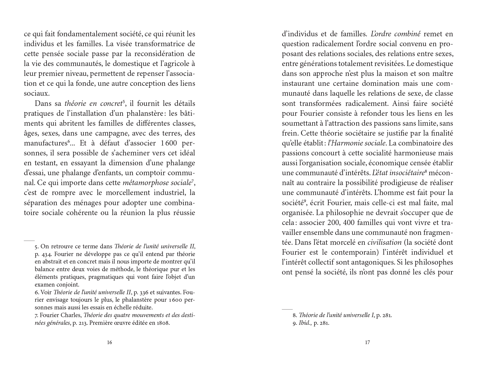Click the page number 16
(x=109, y=342)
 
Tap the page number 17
(x=367, y=342)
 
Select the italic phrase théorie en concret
(x=93, y=104)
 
